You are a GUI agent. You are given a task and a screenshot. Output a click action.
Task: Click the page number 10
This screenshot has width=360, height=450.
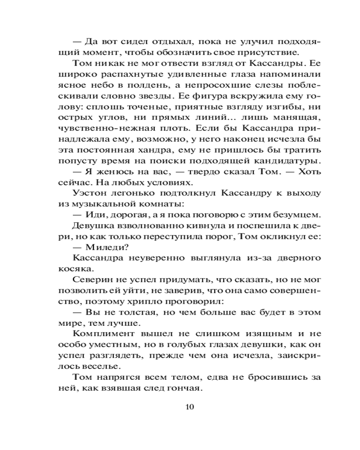coord(189,407)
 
